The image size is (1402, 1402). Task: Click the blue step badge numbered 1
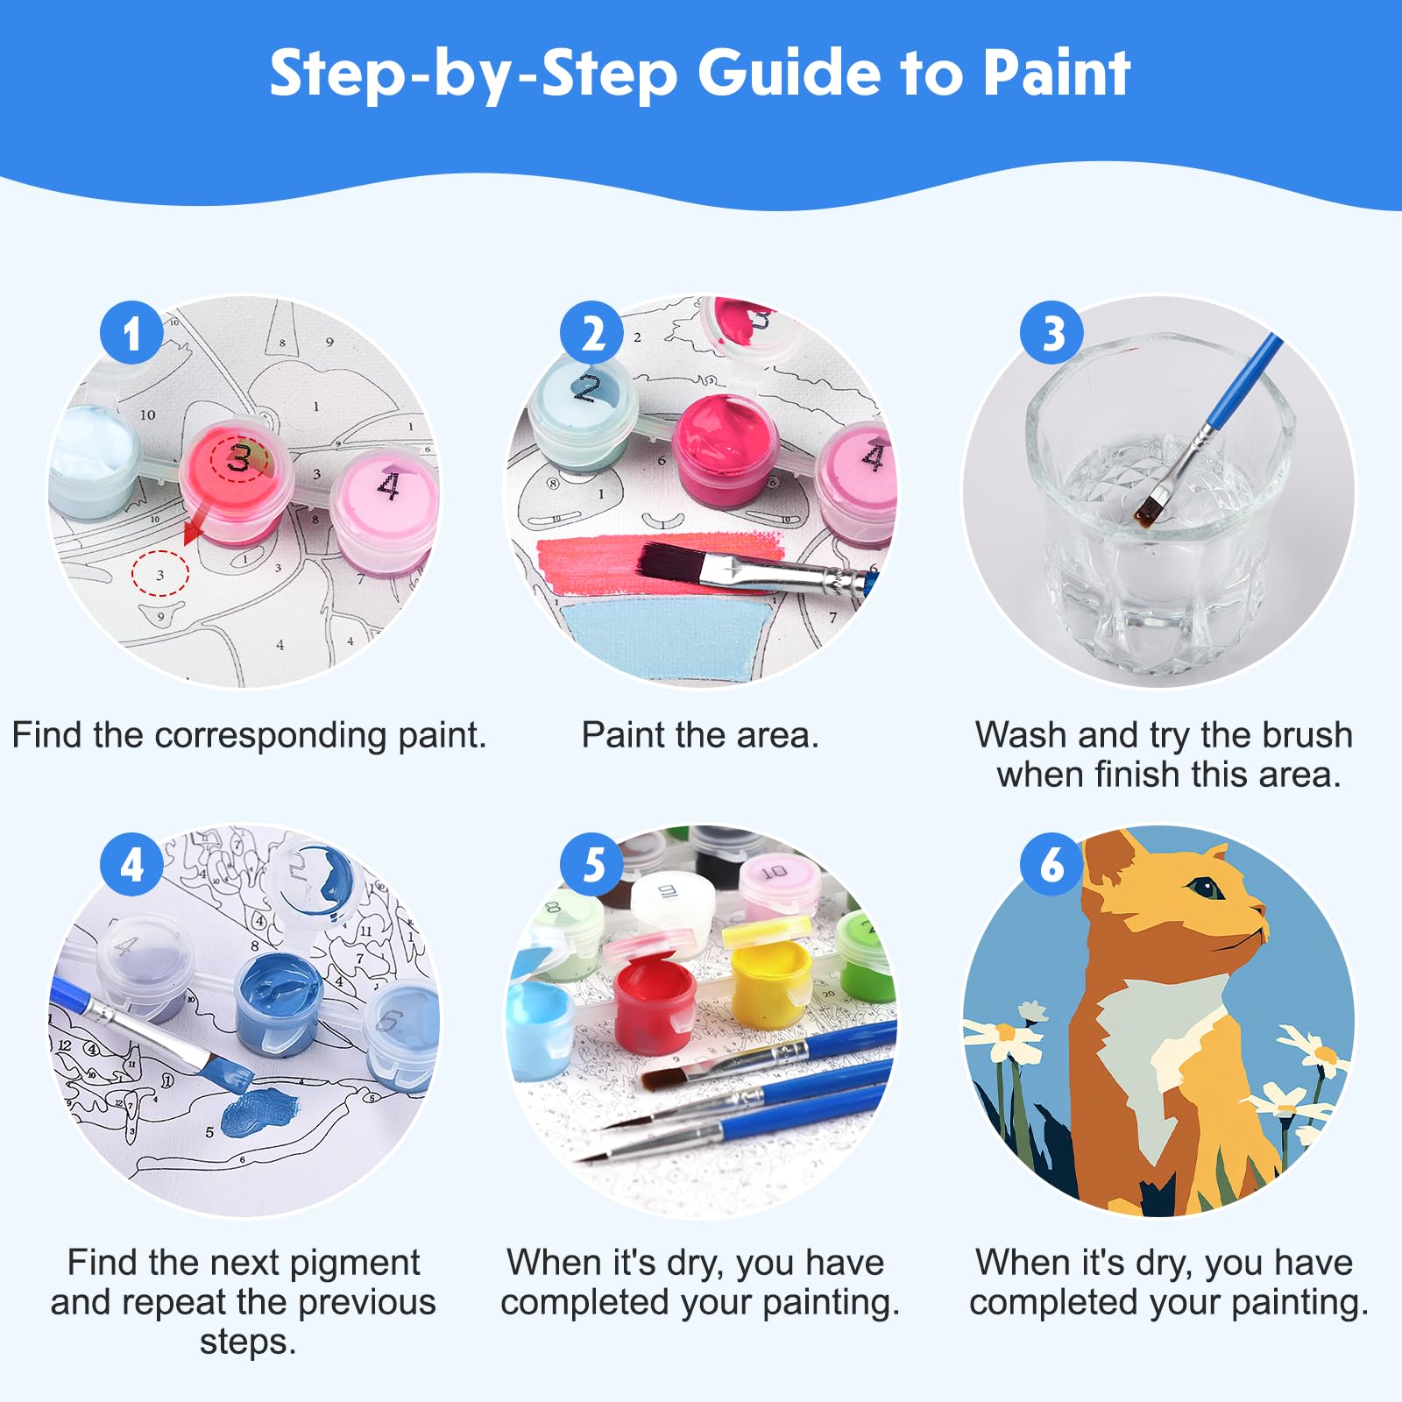click(x=131, y=333)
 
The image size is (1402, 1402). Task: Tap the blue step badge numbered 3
click(x=1052, y=333)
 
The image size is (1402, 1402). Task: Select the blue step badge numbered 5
click(x=593, y=865)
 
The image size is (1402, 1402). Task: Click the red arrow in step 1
click(x=196, y=521)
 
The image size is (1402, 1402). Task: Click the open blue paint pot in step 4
click(x=280, y=1004)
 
